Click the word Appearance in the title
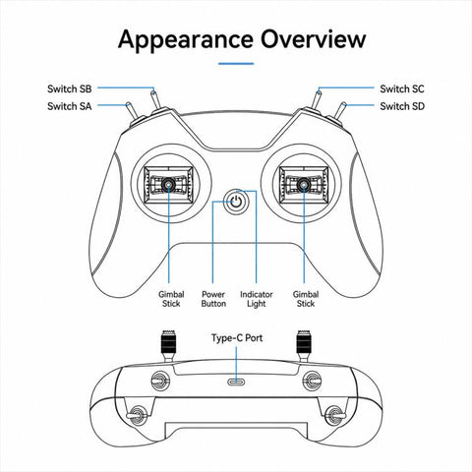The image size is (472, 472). pyautogui.click(x=186, y=40)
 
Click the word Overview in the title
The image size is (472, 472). pyautogui.click(x=313, y=39)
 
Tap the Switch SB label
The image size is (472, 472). pyautogui.click(x=70, y=88)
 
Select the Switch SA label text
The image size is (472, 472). pyautogui.click(x=70, y=106)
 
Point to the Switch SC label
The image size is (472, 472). pyautogui.click(x=402, y=88)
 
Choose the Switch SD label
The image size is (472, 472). pyautogui.click(x=402, y=106)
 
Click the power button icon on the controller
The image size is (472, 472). pyautogui.click(x=236, y=202)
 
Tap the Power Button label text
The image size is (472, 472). pyautogui.click(x=213, y=299)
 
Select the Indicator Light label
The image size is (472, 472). pyautogui.click(x=257, y=299)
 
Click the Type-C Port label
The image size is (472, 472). pyautogui.click(x=237, y=338)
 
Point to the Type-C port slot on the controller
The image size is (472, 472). pyautogui.click(x=236, y=382)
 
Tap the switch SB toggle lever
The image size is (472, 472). pyautogui.click(x=154, y=99)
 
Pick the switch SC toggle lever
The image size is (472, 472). pyautogui.click(x=317, y=99)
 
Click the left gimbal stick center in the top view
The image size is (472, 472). pyautogui.click(x=169, y=185)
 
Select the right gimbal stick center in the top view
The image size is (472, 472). pyautogui.click(x=304, y=185)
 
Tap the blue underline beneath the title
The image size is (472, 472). pyautogui.click(x=236, y=64)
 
